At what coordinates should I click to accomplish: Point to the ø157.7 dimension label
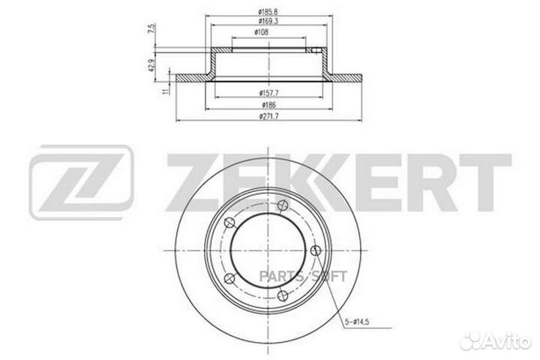(270, 93)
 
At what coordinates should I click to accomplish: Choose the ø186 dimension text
(270, 105)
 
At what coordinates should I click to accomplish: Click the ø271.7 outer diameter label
(270, 118)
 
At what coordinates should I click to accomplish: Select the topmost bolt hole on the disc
(283, 207)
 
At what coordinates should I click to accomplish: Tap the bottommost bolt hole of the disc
(282, 296)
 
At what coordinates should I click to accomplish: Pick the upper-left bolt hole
(229, 224)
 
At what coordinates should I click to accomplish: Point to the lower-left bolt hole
(229, 279)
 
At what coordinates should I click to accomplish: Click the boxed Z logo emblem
(81, 175)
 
